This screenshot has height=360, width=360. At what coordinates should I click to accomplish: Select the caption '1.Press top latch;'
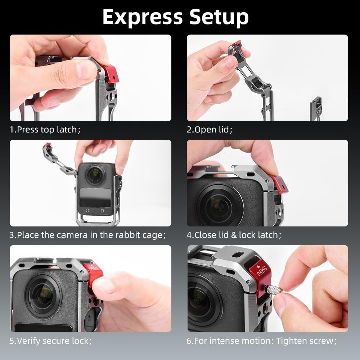[45, 130]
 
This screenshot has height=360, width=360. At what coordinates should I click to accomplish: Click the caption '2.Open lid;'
[209, 130]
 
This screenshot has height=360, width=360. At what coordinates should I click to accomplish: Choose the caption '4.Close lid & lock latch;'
[234, 235]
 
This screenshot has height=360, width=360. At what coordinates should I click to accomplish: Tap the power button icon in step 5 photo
[89, 318]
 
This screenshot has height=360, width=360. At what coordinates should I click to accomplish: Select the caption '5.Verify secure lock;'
[51, 341]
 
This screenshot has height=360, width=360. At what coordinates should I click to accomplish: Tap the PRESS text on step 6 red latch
[262, 270]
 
